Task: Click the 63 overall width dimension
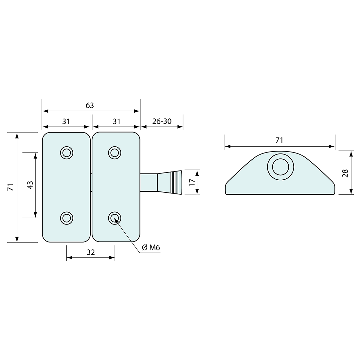tap(90, 105)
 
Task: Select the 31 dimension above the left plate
tap(66, 121)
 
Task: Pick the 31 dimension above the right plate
tap(117, 121)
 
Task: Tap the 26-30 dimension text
tap(162, 121)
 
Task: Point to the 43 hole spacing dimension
tap(30, 185)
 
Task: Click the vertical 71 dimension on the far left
tap(10, 187)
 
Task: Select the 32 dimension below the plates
tap(91, 252)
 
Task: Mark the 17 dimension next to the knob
tap(192, 182)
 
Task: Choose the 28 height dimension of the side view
tap(345, 173)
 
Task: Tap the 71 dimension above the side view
tap(279, 140)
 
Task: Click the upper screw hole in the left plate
tap(66, 153)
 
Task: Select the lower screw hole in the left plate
tap(66, 218)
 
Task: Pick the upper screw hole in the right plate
tap(115, 153)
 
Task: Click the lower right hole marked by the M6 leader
tap(115, 218)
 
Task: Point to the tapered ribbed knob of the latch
tap(170, 182)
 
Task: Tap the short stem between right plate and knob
tap(149, 182)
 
